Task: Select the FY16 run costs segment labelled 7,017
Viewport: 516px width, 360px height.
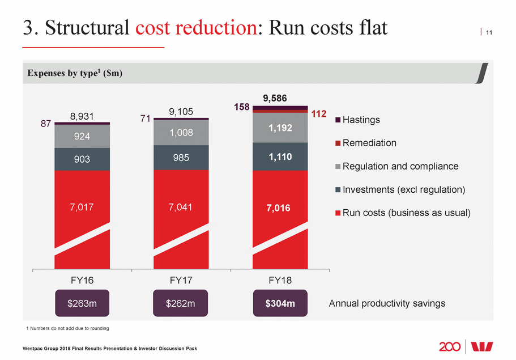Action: [83, 207]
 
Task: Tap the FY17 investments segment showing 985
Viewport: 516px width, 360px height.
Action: [181, 158]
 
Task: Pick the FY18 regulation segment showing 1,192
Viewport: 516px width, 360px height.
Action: [280, 128]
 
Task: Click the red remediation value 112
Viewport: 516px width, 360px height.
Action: [319, 115]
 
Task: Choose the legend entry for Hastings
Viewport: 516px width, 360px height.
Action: [357, 120]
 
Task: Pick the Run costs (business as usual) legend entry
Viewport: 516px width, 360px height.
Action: [403, 213]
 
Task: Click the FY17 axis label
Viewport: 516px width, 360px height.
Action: [181, 280]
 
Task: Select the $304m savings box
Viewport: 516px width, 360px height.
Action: [280, 303]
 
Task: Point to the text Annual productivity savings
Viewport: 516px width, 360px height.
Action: [387, 303]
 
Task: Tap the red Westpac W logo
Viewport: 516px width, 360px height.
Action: [483, 346]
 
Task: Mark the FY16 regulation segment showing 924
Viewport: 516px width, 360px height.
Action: [83, 137]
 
